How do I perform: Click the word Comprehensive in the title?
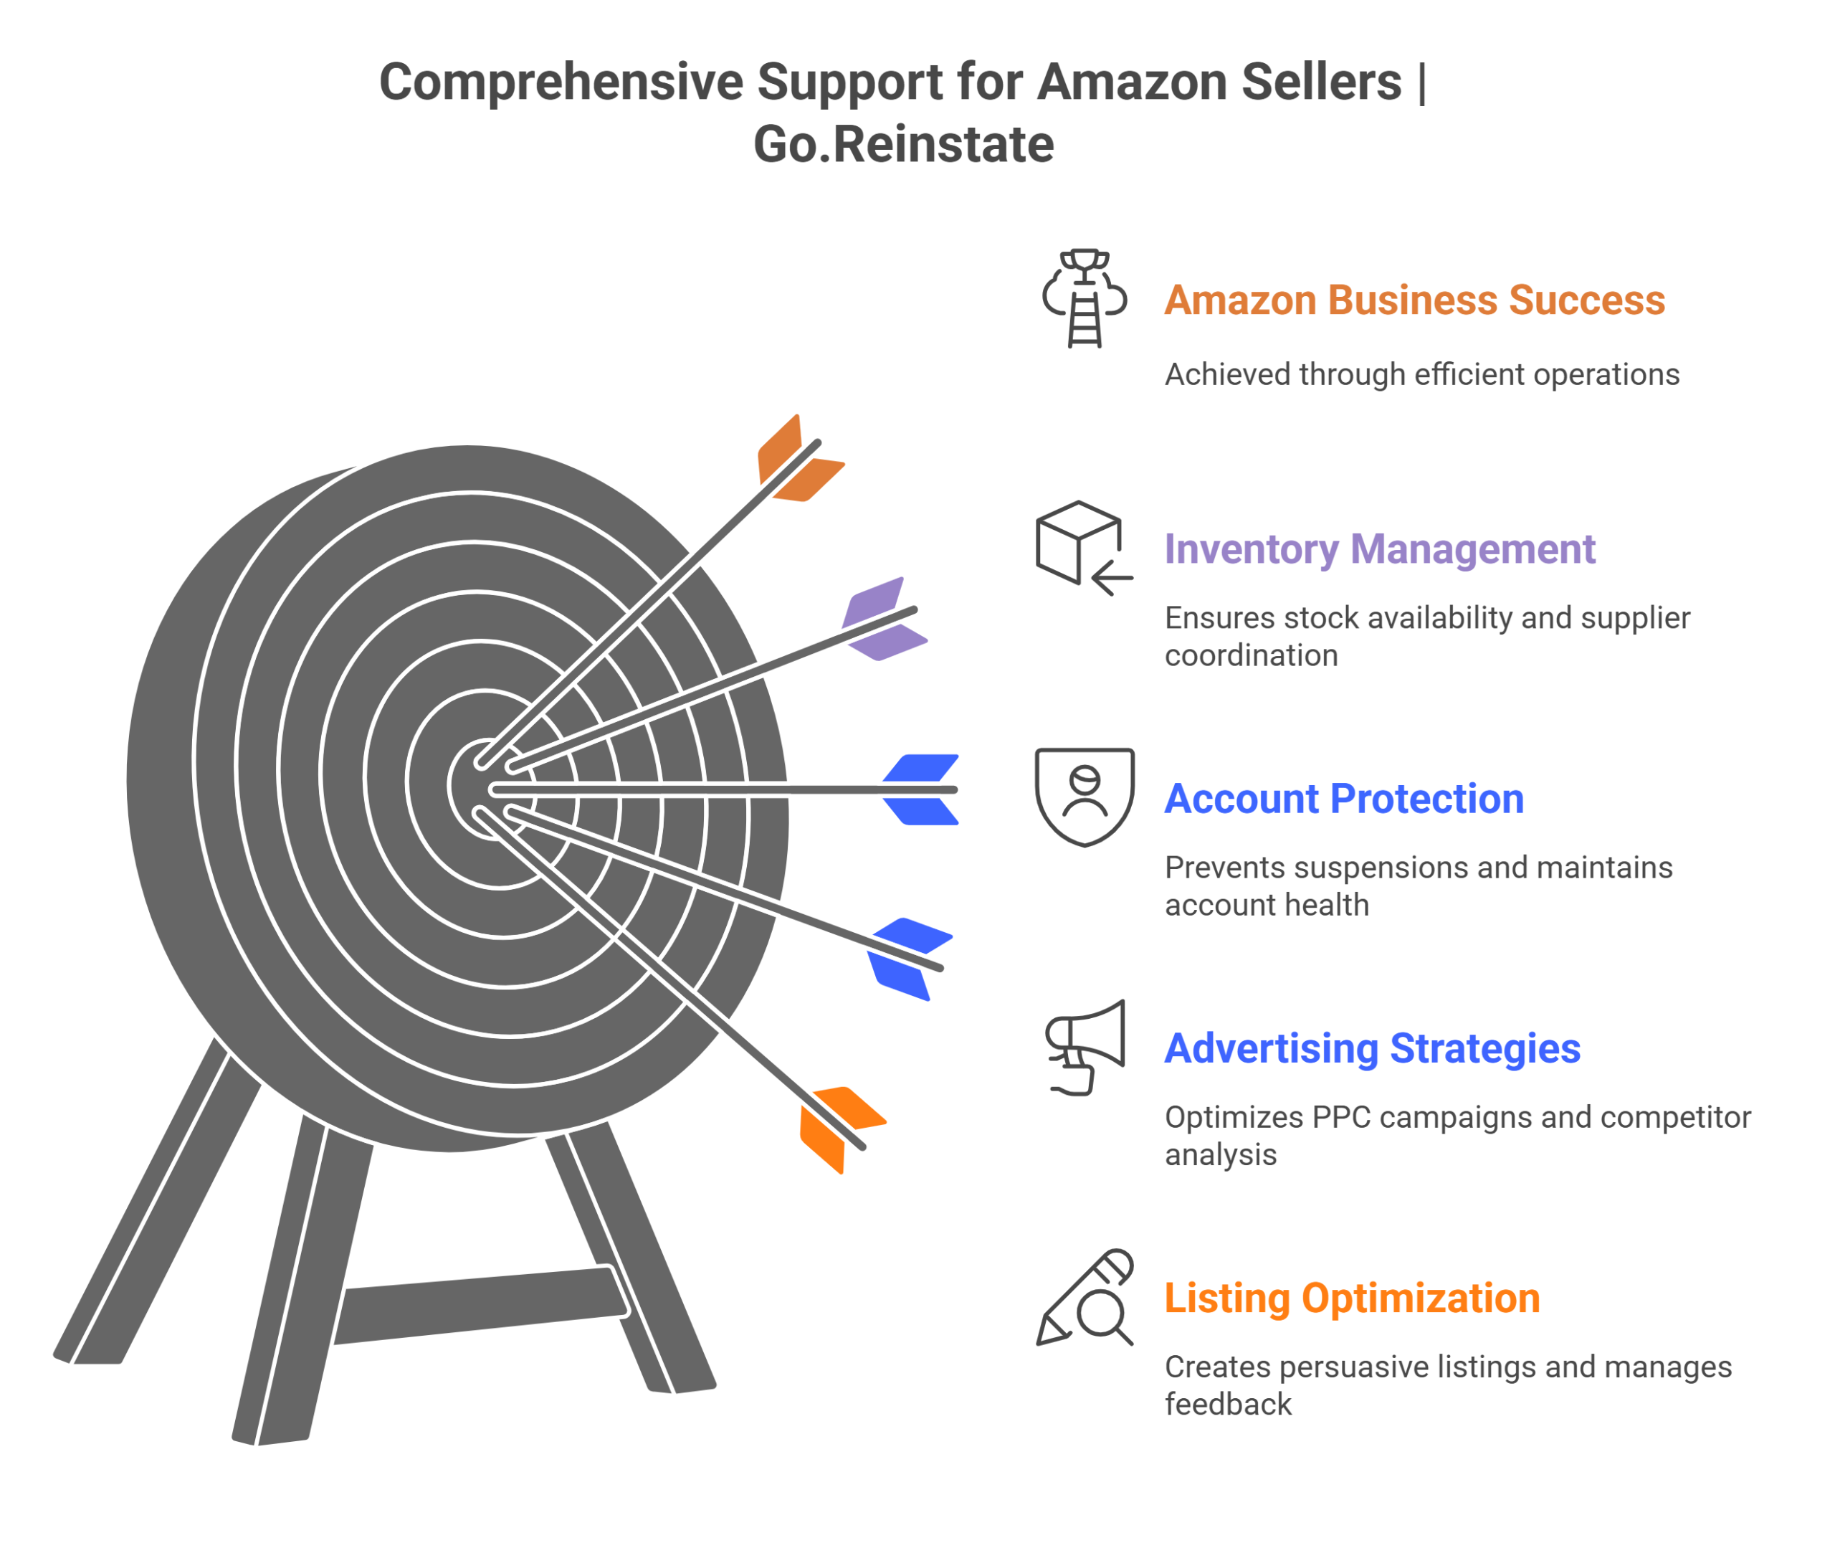coord(561,82)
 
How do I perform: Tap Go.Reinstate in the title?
coord(903,144)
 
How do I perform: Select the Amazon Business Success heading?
coord(1414,300)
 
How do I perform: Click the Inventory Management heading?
coord(1380,550)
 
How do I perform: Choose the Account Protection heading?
coord(1344,799)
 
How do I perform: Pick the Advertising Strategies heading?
coord(1372,1049)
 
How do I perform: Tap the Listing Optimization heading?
coord(1352,1298)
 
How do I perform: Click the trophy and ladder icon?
coord(1085,298)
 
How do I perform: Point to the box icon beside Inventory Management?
coord(1085,549)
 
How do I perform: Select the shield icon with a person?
coord(1085,797)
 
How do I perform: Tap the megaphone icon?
coord(1085,1048)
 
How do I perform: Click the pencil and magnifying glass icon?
coord(1085,1298)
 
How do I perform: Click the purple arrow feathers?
coord(884,619)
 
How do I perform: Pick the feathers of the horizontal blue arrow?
coord(920,790)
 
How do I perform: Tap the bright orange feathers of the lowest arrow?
coord(843,1130)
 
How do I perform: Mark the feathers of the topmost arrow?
coord(801,458)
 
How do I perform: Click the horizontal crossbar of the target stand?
coord(482,1305)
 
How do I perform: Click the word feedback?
coord(1228,1405)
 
